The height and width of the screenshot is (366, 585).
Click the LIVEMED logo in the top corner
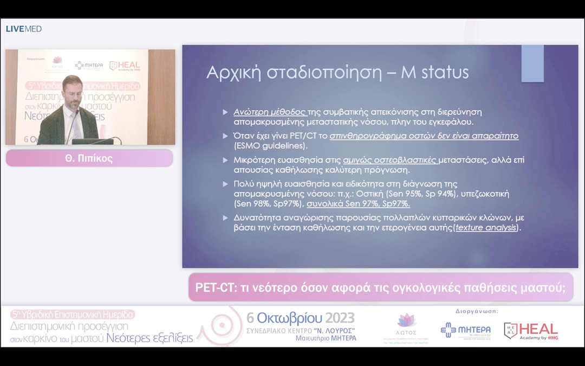(24, 29)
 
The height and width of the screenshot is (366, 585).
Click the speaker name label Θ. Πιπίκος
(89, 158)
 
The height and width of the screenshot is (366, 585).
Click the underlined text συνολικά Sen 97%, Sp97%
(358, 204)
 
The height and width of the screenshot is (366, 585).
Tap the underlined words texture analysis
(485, 228)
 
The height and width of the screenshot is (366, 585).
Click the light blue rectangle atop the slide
(532, 63)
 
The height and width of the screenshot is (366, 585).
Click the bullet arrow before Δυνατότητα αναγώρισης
(225, 218)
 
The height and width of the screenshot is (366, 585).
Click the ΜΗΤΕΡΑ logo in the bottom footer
(465, 330)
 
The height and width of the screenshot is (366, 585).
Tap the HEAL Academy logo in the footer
(531, 330)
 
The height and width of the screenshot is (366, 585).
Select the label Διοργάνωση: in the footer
(473, 312)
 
